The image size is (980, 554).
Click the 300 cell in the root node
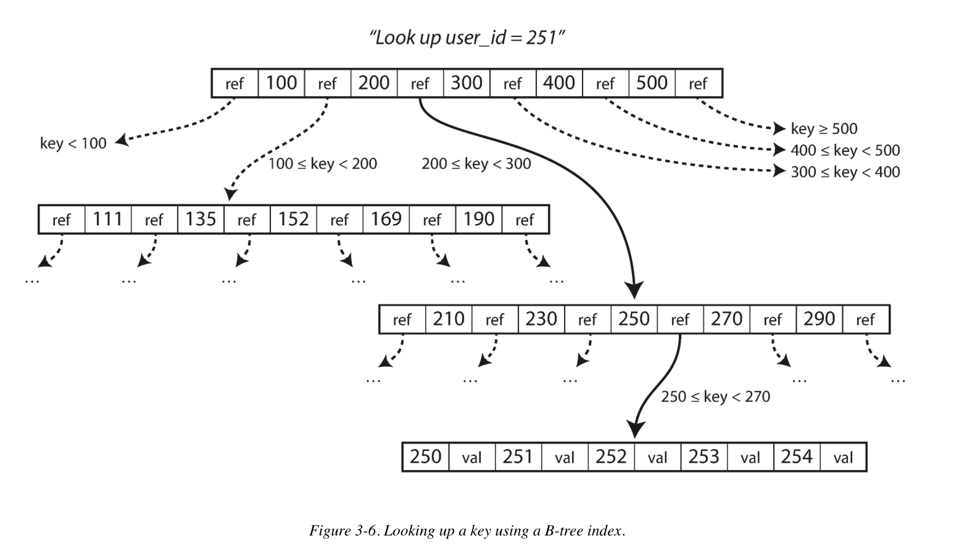point(467,83)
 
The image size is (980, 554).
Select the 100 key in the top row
point(281,83)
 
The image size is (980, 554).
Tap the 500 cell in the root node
point(652,83)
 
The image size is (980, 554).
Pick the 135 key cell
point(201,219)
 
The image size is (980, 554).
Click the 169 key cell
point(386,219)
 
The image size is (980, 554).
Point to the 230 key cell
point(541,319)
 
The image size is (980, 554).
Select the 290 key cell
point(819,319)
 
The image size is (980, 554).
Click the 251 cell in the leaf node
point(518,457)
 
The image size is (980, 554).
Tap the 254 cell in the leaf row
point(796,457)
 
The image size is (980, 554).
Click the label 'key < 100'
point(73,144)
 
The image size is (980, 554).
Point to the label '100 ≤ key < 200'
point(322,164)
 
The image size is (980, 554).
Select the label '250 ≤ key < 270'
point(715,397)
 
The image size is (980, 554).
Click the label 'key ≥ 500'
point(824,129)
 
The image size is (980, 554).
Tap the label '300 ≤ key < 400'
point(845,172)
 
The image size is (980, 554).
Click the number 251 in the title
point(541,38)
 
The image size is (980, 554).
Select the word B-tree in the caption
point(564,531)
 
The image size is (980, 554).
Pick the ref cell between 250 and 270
point(680,319)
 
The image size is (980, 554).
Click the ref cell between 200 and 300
point(420,84)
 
